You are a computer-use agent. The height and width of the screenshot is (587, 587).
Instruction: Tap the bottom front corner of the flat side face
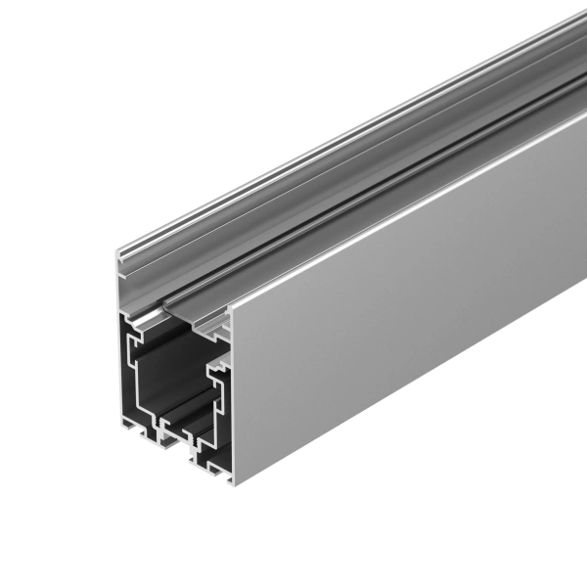[x=233, y=481]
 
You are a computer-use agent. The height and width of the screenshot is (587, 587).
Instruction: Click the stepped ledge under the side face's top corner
[x=220, y=333]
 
